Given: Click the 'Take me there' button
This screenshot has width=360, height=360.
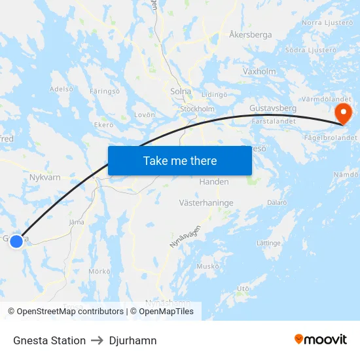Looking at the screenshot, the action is [180, 161].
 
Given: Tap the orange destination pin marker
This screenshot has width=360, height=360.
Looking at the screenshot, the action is [342, 113].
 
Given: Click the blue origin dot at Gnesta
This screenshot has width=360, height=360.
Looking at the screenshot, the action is [16, 241].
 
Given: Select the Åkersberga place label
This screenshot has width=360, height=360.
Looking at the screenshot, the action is [251, 35].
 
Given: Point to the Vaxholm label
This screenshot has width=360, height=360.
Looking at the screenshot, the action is [259, 71].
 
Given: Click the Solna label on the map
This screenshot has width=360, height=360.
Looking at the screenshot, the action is [180, 92].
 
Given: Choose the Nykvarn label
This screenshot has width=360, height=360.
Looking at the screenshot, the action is [45, 176].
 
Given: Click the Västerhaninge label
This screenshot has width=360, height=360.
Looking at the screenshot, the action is [206, 203].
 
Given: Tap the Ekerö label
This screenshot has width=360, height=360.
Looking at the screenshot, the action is [104, 125].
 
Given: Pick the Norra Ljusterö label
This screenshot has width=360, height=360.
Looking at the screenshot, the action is [326, 23].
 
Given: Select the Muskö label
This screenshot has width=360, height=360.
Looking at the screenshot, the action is [207, 266].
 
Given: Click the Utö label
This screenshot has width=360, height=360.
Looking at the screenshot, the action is [243, 288].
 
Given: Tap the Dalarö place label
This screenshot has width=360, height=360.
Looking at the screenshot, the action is [276, 203].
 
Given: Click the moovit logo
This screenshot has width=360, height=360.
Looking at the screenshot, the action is [321, 339].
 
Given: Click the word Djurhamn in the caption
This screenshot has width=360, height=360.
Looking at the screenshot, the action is [133, 340].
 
